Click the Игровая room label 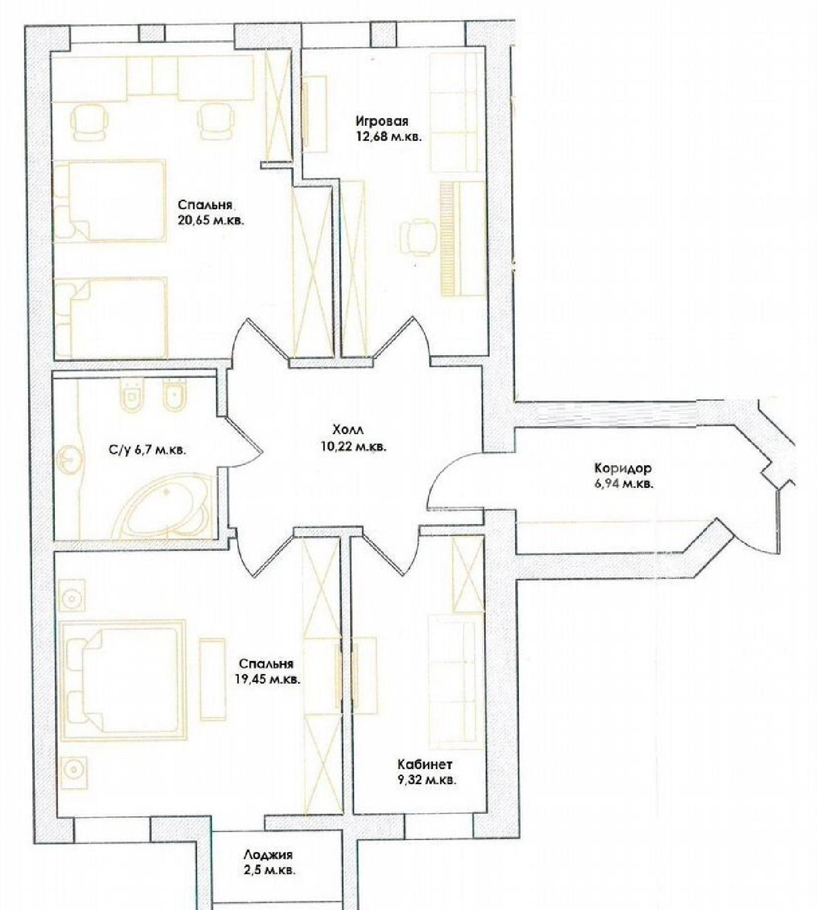pyautogui.click(x=382, y=121)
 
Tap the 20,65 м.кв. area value pyautogui.click(x=211, y=221)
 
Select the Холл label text pyautogui.click(x=348, y=430)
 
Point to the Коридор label pyautogui.click(x=623, y=469)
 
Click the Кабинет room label pyautogui.click(x=425, y=764)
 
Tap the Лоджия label pyautogui.click(x=268, y=855)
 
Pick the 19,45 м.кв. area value pyautogui.click(x=267, y=679)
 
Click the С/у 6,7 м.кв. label pyautogui.click(x=147, y=450)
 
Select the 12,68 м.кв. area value pyautogui.click(x=389, y=137)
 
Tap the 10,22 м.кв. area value pyautogui.click(x=353, y=446)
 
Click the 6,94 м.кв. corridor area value pyautogui.click(x=624, y=485)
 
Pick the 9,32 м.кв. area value pyautogui.click(x=427, y=780)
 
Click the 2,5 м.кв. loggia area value pyautogui.click(x=270, y=870)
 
